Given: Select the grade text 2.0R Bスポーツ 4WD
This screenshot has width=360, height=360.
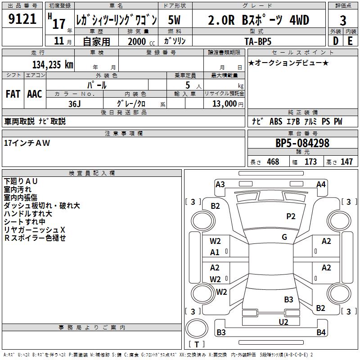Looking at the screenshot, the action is point(258,20).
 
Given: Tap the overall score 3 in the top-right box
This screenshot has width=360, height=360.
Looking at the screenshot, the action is point(343,21).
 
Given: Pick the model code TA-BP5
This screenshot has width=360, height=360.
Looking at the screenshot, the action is point(259,41).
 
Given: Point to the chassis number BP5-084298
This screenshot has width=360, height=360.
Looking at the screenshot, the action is point(302,144).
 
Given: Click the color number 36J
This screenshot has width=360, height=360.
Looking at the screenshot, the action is point(75,103).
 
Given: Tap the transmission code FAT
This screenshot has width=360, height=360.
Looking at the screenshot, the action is point(13,94).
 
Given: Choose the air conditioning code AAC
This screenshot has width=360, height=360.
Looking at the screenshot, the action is point(35,94).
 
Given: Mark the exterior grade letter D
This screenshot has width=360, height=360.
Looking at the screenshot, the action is point(336,41).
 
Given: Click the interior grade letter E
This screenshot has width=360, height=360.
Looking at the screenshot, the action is point(350,41).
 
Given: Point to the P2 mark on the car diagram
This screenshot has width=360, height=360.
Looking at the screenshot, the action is point(291,216).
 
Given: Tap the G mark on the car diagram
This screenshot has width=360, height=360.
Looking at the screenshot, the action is point(284,237).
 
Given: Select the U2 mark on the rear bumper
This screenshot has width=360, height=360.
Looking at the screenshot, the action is point(283,321).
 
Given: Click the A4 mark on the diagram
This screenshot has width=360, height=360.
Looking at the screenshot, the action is point(321,184).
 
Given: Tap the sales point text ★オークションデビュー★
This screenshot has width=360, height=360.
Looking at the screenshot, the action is point(288,63).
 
